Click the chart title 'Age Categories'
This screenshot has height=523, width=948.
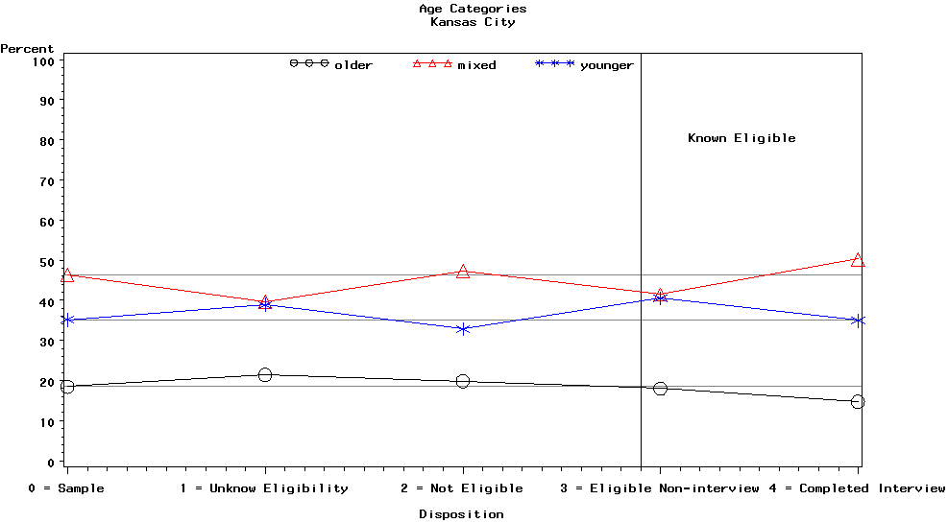pos(473,9)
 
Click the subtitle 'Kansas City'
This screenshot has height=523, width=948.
pos(473,22)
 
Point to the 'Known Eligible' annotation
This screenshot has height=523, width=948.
pos(741,138)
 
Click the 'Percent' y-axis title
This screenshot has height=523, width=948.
pos(27,49)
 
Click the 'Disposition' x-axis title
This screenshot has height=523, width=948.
pos(461,514)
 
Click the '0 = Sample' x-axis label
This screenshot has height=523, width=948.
pos(66,488)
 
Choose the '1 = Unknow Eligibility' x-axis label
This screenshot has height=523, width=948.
pos(264,488)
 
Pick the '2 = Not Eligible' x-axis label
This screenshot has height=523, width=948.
pos(462,488)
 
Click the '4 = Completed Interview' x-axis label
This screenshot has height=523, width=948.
pos(858,488)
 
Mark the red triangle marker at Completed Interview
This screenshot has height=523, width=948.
pos(858,259)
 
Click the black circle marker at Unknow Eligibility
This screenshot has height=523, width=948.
pos(265,375)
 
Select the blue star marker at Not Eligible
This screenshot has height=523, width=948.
pos(463,329)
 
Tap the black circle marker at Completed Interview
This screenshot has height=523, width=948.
pos(858,402)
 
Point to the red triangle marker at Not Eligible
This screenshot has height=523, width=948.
pos(463,272)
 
